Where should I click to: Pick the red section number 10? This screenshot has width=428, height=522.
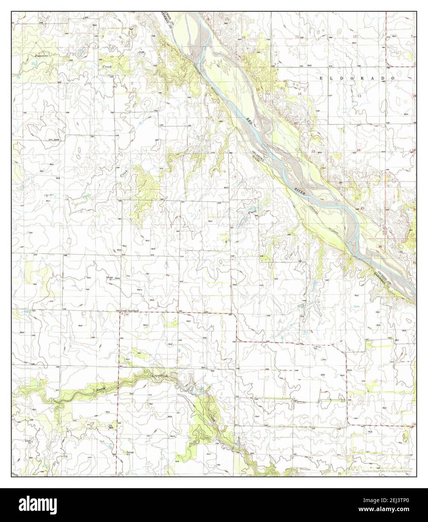(x=243, y=37)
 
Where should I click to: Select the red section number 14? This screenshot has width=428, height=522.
(x=299, y=94)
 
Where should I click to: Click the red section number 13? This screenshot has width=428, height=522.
(x=359, y=96)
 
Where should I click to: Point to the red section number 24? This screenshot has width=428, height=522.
(x=358, y=150)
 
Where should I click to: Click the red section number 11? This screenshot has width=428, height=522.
(x=297, y=36)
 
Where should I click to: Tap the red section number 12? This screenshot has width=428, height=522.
(x=355, y=36)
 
